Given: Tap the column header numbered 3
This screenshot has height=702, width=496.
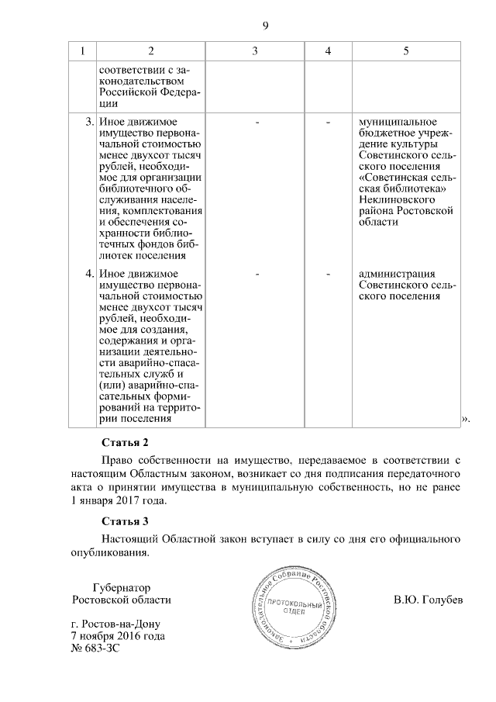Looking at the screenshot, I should (254, 51).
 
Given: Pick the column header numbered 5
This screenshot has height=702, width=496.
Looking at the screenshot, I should (406, 51).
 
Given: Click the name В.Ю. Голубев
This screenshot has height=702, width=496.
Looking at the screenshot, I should (428, 600).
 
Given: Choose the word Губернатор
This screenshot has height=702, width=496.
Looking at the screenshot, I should (121, 588).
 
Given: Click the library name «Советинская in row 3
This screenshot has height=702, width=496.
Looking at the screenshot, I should (391, 177).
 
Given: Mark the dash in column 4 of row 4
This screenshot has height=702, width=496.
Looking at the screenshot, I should (329, 274).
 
